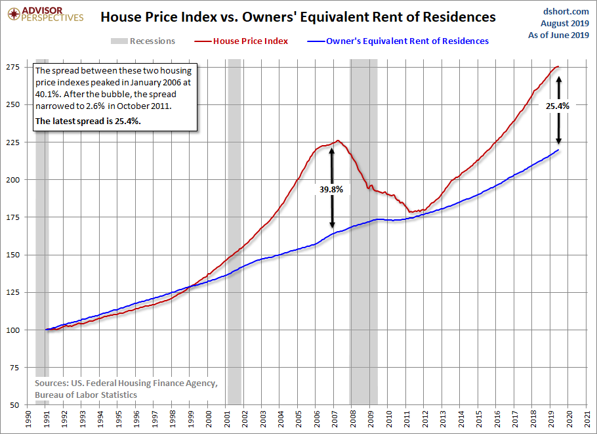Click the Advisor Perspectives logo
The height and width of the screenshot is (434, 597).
click(45, 14)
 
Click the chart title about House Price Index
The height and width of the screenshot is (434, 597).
click(298, 17)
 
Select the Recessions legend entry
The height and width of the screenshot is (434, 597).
click(143, 41)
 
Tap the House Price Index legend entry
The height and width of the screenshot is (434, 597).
click(241, 41)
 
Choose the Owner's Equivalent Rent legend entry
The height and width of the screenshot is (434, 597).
click(398, 41)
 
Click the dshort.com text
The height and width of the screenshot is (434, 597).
click(566, 11)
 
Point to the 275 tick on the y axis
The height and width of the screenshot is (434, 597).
click(13, 67)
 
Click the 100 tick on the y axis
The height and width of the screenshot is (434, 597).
click(13, 330)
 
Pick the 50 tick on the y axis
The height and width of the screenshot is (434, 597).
click(15, 405)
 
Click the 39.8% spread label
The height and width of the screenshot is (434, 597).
click(331, 189)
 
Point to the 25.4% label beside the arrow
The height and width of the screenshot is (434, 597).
click(558, 106)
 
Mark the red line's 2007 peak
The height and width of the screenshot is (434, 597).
click(338, 141)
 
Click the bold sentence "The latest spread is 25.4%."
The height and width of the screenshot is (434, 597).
click(88, 121)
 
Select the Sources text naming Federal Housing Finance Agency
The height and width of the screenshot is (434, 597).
click(126, 383)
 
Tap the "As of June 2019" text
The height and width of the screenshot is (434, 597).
click(558, 35)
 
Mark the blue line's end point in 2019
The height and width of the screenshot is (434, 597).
click(558, 150)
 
